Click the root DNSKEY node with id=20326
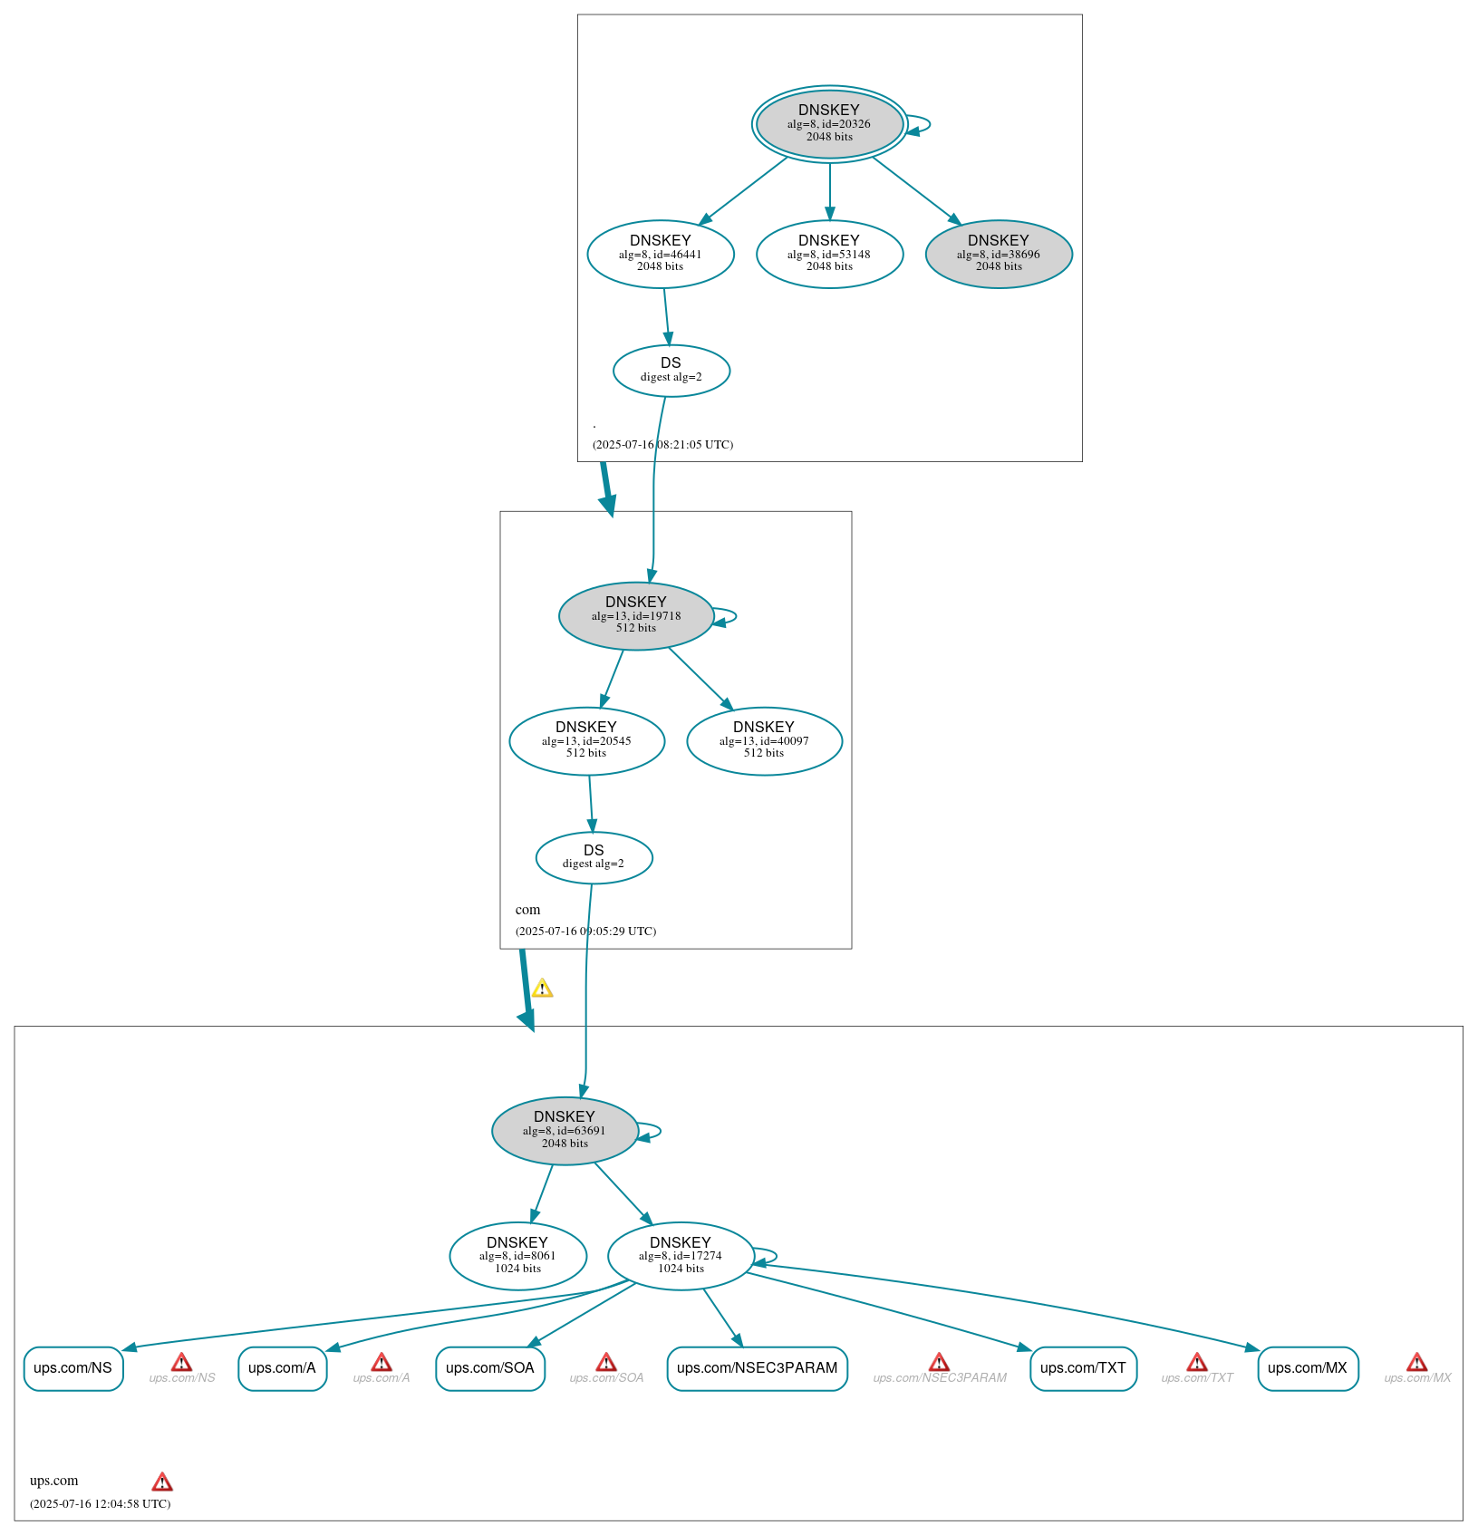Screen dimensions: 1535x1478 click(x=829, y=124)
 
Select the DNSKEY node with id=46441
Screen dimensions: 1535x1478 click(x=661, y=254)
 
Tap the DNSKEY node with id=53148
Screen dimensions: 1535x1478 click(x=829, y=254)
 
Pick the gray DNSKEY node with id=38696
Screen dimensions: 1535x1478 click(x=999, y=254)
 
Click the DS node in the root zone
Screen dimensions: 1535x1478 click(x=671, y=370)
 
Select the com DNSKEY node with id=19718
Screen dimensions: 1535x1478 click(x=636, y=615)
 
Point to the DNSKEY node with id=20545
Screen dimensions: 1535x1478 click(x=586, y=740)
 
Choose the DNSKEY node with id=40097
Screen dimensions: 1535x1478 click(x=764, y=740)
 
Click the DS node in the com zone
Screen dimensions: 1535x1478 click(x=594, y=857)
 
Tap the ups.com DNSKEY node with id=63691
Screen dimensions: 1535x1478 click(x=565, y=1130)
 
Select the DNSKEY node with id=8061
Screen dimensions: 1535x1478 click(x=517, y=1255)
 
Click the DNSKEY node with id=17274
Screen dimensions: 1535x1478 click(x=681, y=1255)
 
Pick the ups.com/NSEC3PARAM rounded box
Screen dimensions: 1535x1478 click(x=757, y=1367)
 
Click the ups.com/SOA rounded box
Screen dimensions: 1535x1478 click(x=489, y=1367)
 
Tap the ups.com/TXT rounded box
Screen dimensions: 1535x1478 click(x=1083, y=1367)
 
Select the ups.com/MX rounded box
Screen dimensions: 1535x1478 click(x=1308, y=1367)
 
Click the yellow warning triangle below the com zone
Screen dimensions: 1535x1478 click(x=542, y=989)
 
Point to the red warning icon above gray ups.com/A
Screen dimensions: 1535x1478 click(x=382, y=1362)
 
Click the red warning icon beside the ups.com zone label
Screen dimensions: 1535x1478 click(x=162, y=1482)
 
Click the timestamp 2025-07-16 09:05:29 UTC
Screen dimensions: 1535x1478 click(x=585, y=931)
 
